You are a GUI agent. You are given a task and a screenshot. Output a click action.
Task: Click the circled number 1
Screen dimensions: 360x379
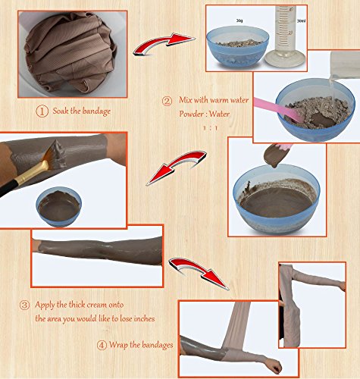click(42, 111)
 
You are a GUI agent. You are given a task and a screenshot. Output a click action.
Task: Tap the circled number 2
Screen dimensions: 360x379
click(167, 102)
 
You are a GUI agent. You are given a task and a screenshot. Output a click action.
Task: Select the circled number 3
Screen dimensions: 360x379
click(24, 305)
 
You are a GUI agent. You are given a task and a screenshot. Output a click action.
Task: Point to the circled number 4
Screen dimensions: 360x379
click(102, 346)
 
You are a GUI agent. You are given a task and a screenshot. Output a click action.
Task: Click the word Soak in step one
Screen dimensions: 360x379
click(61, 111)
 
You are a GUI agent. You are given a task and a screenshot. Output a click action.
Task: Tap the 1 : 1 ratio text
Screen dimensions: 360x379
click(210, 128)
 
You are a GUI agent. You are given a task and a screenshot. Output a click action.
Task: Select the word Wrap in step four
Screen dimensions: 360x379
click(118, 345)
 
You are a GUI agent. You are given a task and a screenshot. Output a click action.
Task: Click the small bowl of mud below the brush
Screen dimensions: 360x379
click(59, 206)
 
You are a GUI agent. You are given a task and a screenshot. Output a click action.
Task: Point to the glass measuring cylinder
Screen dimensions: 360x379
click(285, 36)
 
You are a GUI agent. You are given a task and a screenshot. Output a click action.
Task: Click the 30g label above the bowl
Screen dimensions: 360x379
click(239, 20)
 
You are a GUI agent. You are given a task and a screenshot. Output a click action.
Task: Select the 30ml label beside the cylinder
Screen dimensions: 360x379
click(301, 21)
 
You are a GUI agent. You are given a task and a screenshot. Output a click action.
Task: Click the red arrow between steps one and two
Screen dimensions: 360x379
click(164, 43)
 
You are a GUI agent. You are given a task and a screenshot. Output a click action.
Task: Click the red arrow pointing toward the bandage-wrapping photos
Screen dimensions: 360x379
click(199, 271)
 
